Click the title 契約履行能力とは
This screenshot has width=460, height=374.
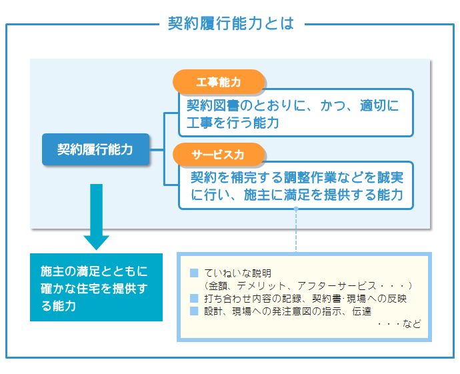(231, 23)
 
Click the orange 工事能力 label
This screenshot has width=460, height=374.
(219, 82)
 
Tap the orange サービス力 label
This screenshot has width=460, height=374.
(219, 155)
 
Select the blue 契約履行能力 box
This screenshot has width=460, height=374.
(95, 149)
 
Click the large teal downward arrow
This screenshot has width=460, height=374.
(96, 217)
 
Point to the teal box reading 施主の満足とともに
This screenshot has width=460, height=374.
(96, 287)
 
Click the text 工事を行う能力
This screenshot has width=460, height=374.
(233, 123)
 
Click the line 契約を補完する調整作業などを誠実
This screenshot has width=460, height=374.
(297, 177)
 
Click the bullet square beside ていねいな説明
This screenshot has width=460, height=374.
(194, 273)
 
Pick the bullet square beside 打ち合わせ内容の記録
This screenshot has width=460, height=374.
(194, 298)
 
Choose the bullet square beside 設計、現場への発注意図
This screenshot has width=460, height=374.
(194, 311)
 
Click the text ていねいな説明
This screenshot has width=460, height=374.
(237, 273)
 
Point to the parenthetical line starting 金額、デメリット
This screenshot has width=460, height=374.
(309, 286)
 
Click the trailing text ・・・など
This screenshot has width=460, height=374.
(399, 324)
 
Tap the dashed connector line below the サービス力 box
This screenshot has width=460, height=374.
(296, 230)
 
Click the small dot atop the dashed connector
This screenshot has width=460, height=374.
(296, 209)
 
